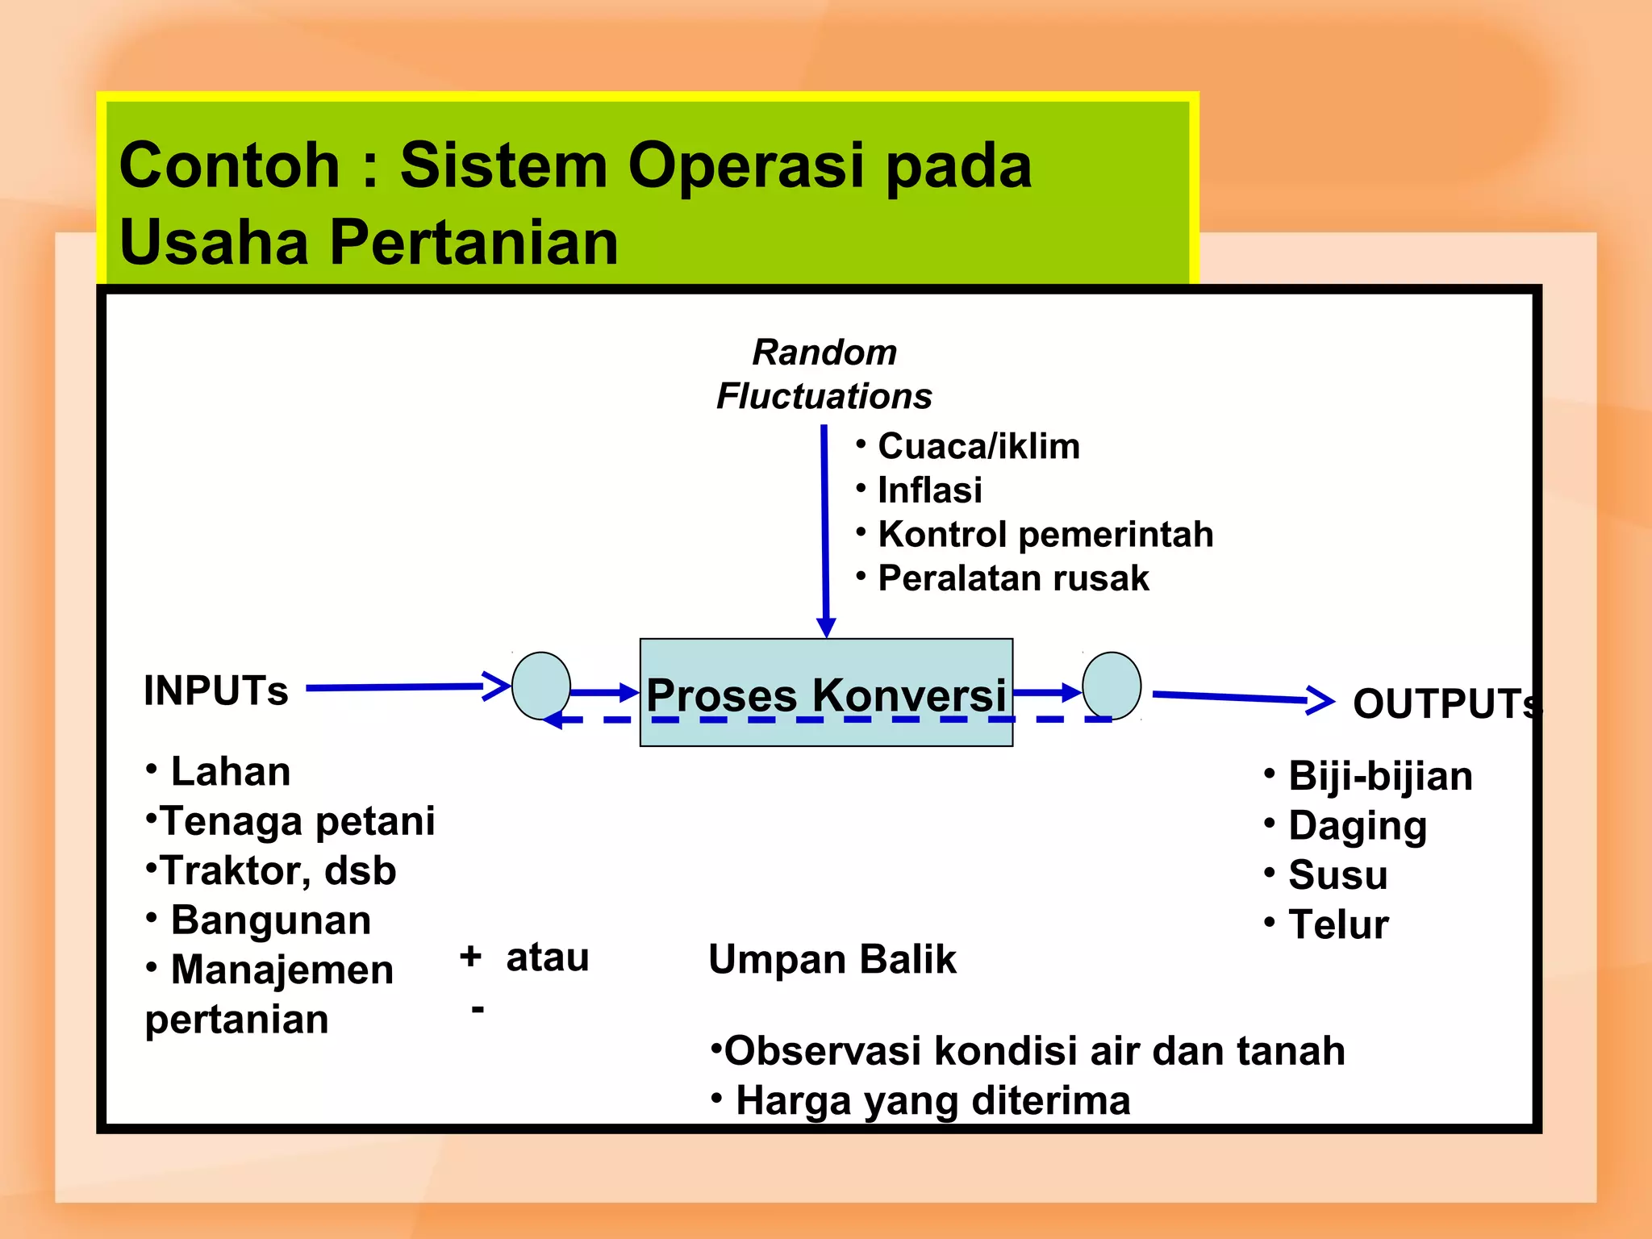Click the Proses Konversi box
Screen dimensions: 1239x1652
coord(826,692)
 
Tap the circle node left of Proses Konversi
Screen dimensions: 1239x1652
coord(541,686)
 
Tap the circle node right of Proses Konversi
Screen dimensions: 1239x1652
coord(1112,686)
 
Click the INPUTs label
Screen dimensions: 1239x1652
coord(215,690)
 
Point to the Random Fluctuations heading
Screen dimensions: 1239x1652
coord(824,374)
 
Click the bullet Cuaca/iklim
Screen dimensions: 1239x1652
coord(978,446)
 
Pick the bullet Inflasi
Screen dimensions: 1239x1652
coord(929,490)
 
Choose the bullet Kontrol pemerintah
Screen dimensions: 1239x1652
coord(1045,534)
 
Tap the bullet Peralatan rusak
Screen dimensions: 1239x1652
coord(1012,578)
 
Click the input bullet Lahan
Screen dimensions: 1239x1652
coord(230,771)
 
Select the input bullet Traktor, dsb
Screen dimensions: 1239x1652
coord(277,870)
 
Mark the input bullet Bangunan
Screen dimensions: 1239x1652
coord(270,920)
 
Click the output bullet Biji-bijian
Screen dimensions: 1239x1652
coord(1379,776)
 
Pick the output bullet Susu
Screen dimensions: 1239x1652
coord(1337,874)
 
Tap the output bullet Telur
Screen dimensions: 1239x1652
coord(1337,924)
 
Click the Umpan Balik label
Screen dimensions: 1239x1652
coord(832,959)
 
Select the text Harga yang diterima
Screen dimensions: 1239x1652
coord(932,1100)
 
